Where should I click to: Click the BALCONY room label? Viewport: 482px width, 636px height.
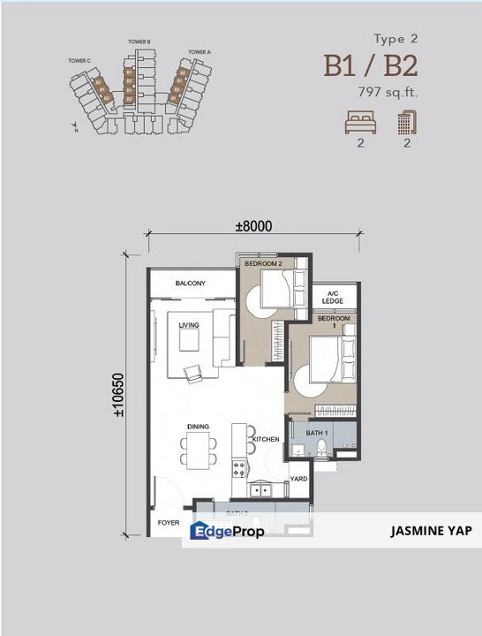(x=191, y=283)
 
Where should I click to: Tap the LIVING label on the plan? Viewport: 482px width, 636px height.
(x=189, y=325)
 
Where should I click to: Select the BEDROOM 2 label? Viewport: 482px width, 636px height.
(x=263, y=264)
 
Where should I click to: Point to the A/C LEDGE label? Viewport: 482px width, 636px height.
(x=332, y=298)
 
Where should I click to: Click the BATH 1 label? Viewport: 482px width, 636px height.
(x=317, y=433)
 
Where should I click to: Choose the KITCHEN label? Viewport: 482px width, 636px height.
(x=266, y=439)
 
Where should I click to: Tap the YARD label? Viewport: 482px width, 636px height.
(x=298, y=479)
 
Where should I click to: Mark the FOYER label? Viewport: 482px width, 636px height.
(x=169, y=522)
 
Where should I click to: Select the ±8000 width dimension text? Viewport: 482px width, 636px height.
(x=252, y=226)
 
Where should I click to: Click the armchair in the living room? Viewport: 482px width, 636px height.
(x=192, y=371)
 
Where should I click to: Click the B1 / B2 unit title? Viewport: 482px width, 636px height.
(x=371, y=65)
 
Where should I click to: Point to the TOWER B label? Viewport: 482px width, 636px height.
(x=139, y=42)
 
